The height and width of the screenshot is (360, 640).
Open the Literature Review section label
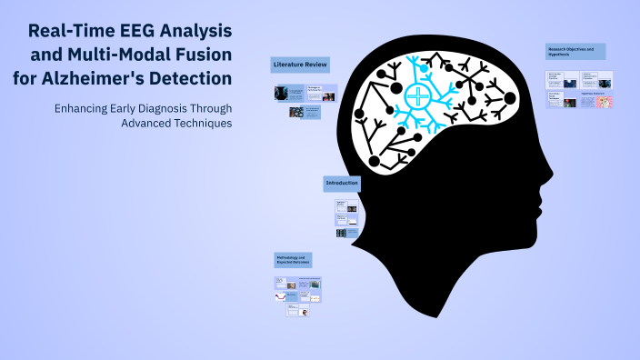point(299,65)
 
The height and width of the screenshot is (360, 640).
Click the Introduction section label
point(341,184)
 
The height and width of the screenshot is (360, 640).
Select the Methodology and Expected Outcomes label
point(294,260)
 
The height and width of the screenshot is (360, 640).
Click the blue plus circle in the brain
point(417,96)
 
